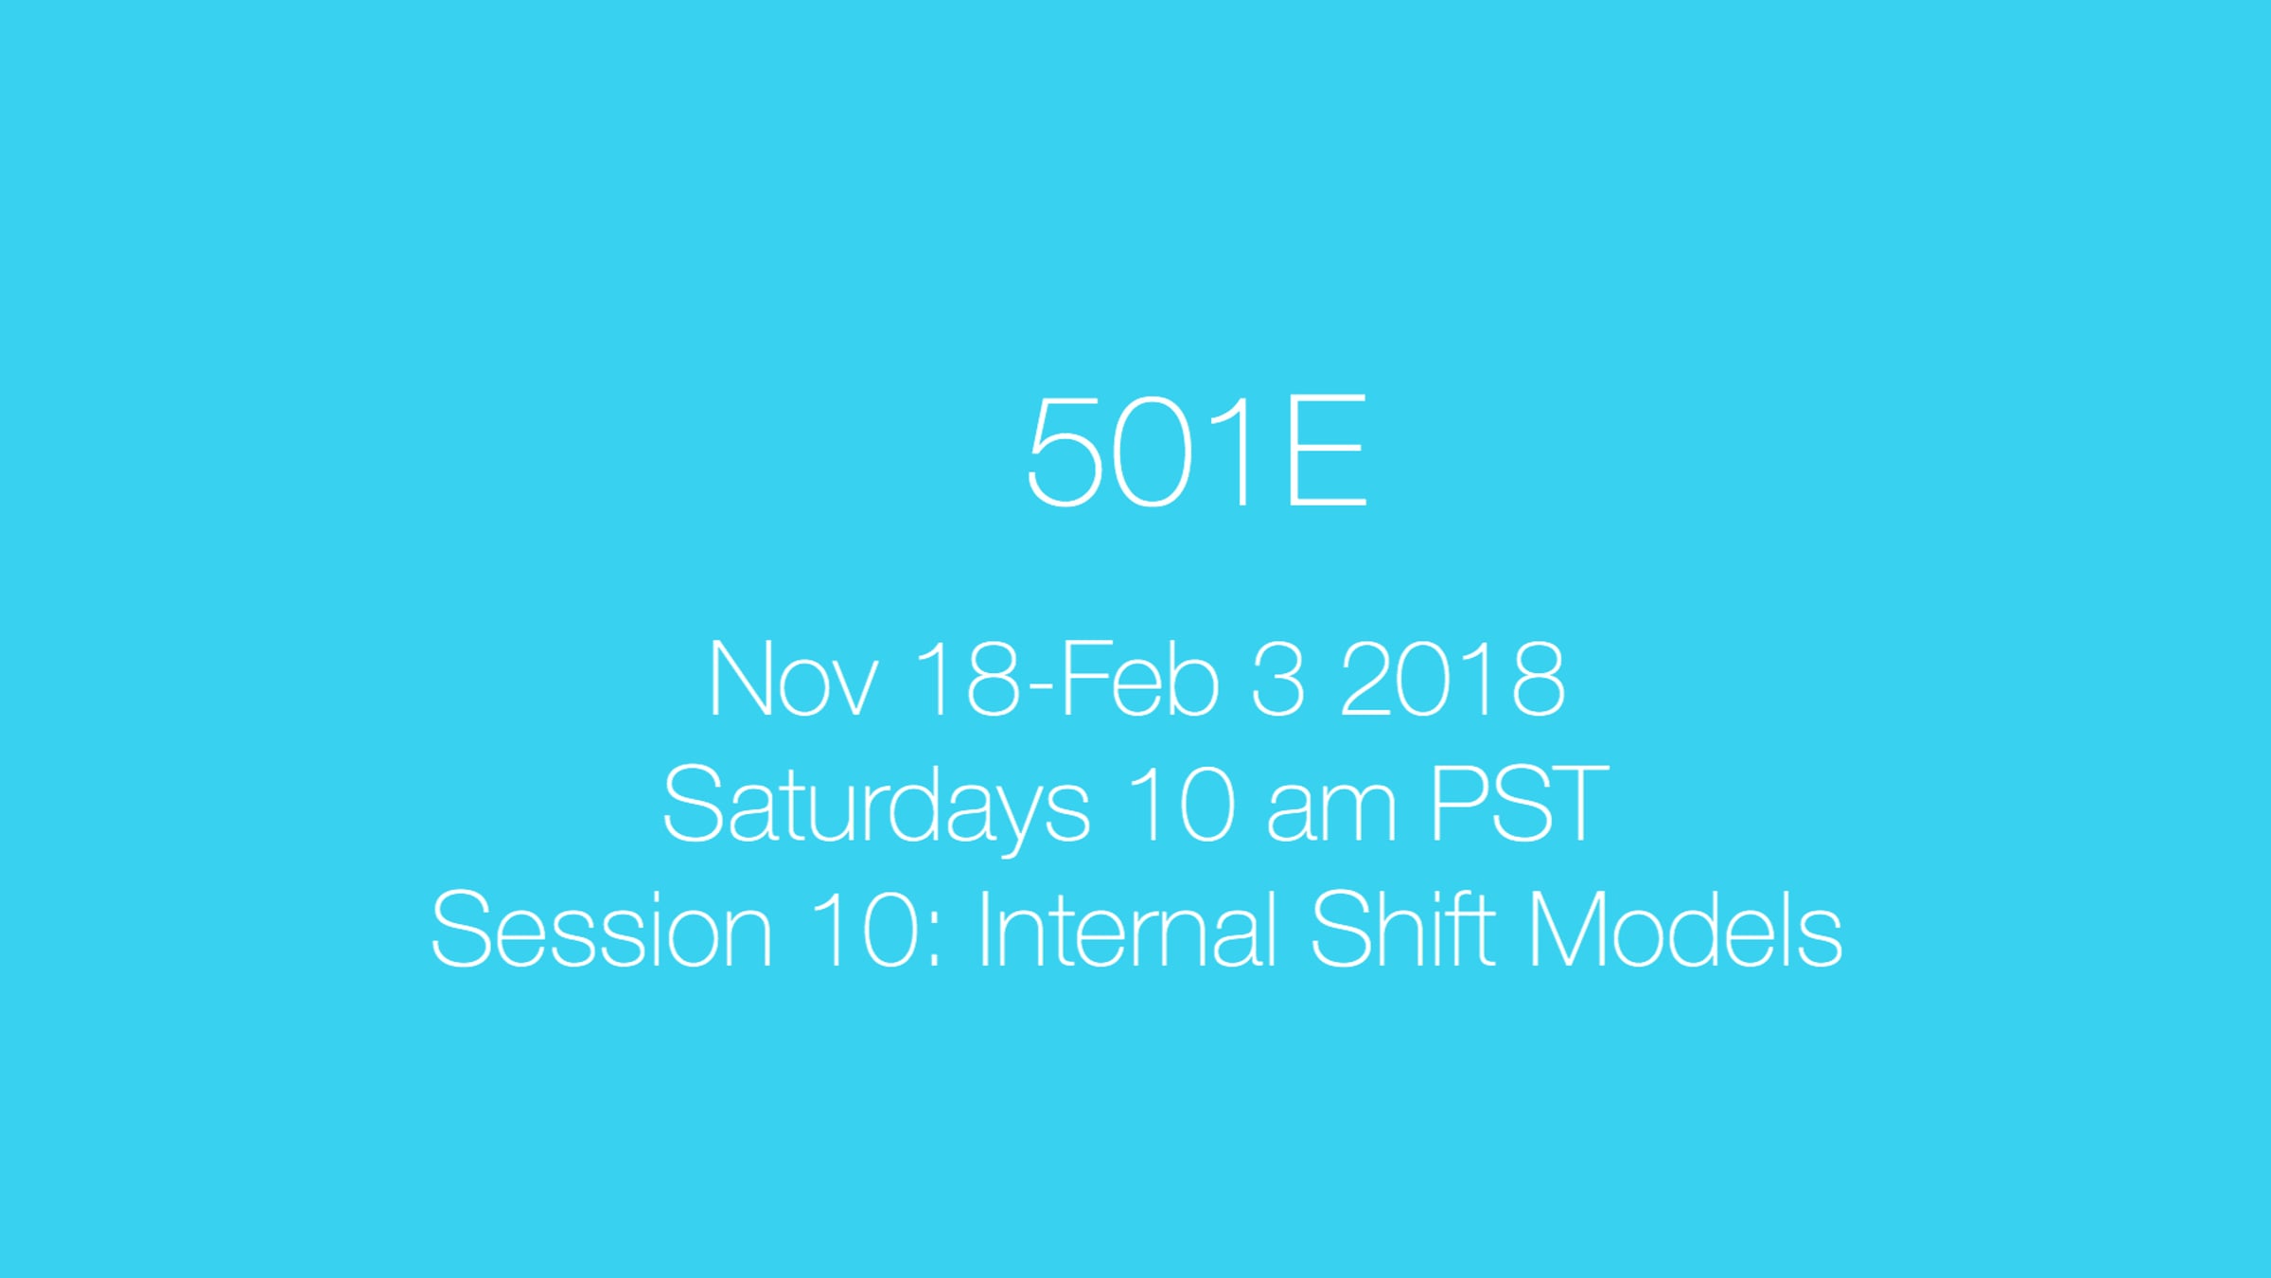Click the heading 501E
[1197, 451]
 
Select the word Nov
[793, 679]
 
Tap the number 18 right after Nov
[968, 678]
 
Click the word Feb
[1140, 678]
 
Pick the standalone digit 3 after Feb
[1277, 678]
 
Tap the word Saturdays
[876, 807]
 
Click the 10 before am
[1182, 804]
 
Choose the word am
[1331, 813]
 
